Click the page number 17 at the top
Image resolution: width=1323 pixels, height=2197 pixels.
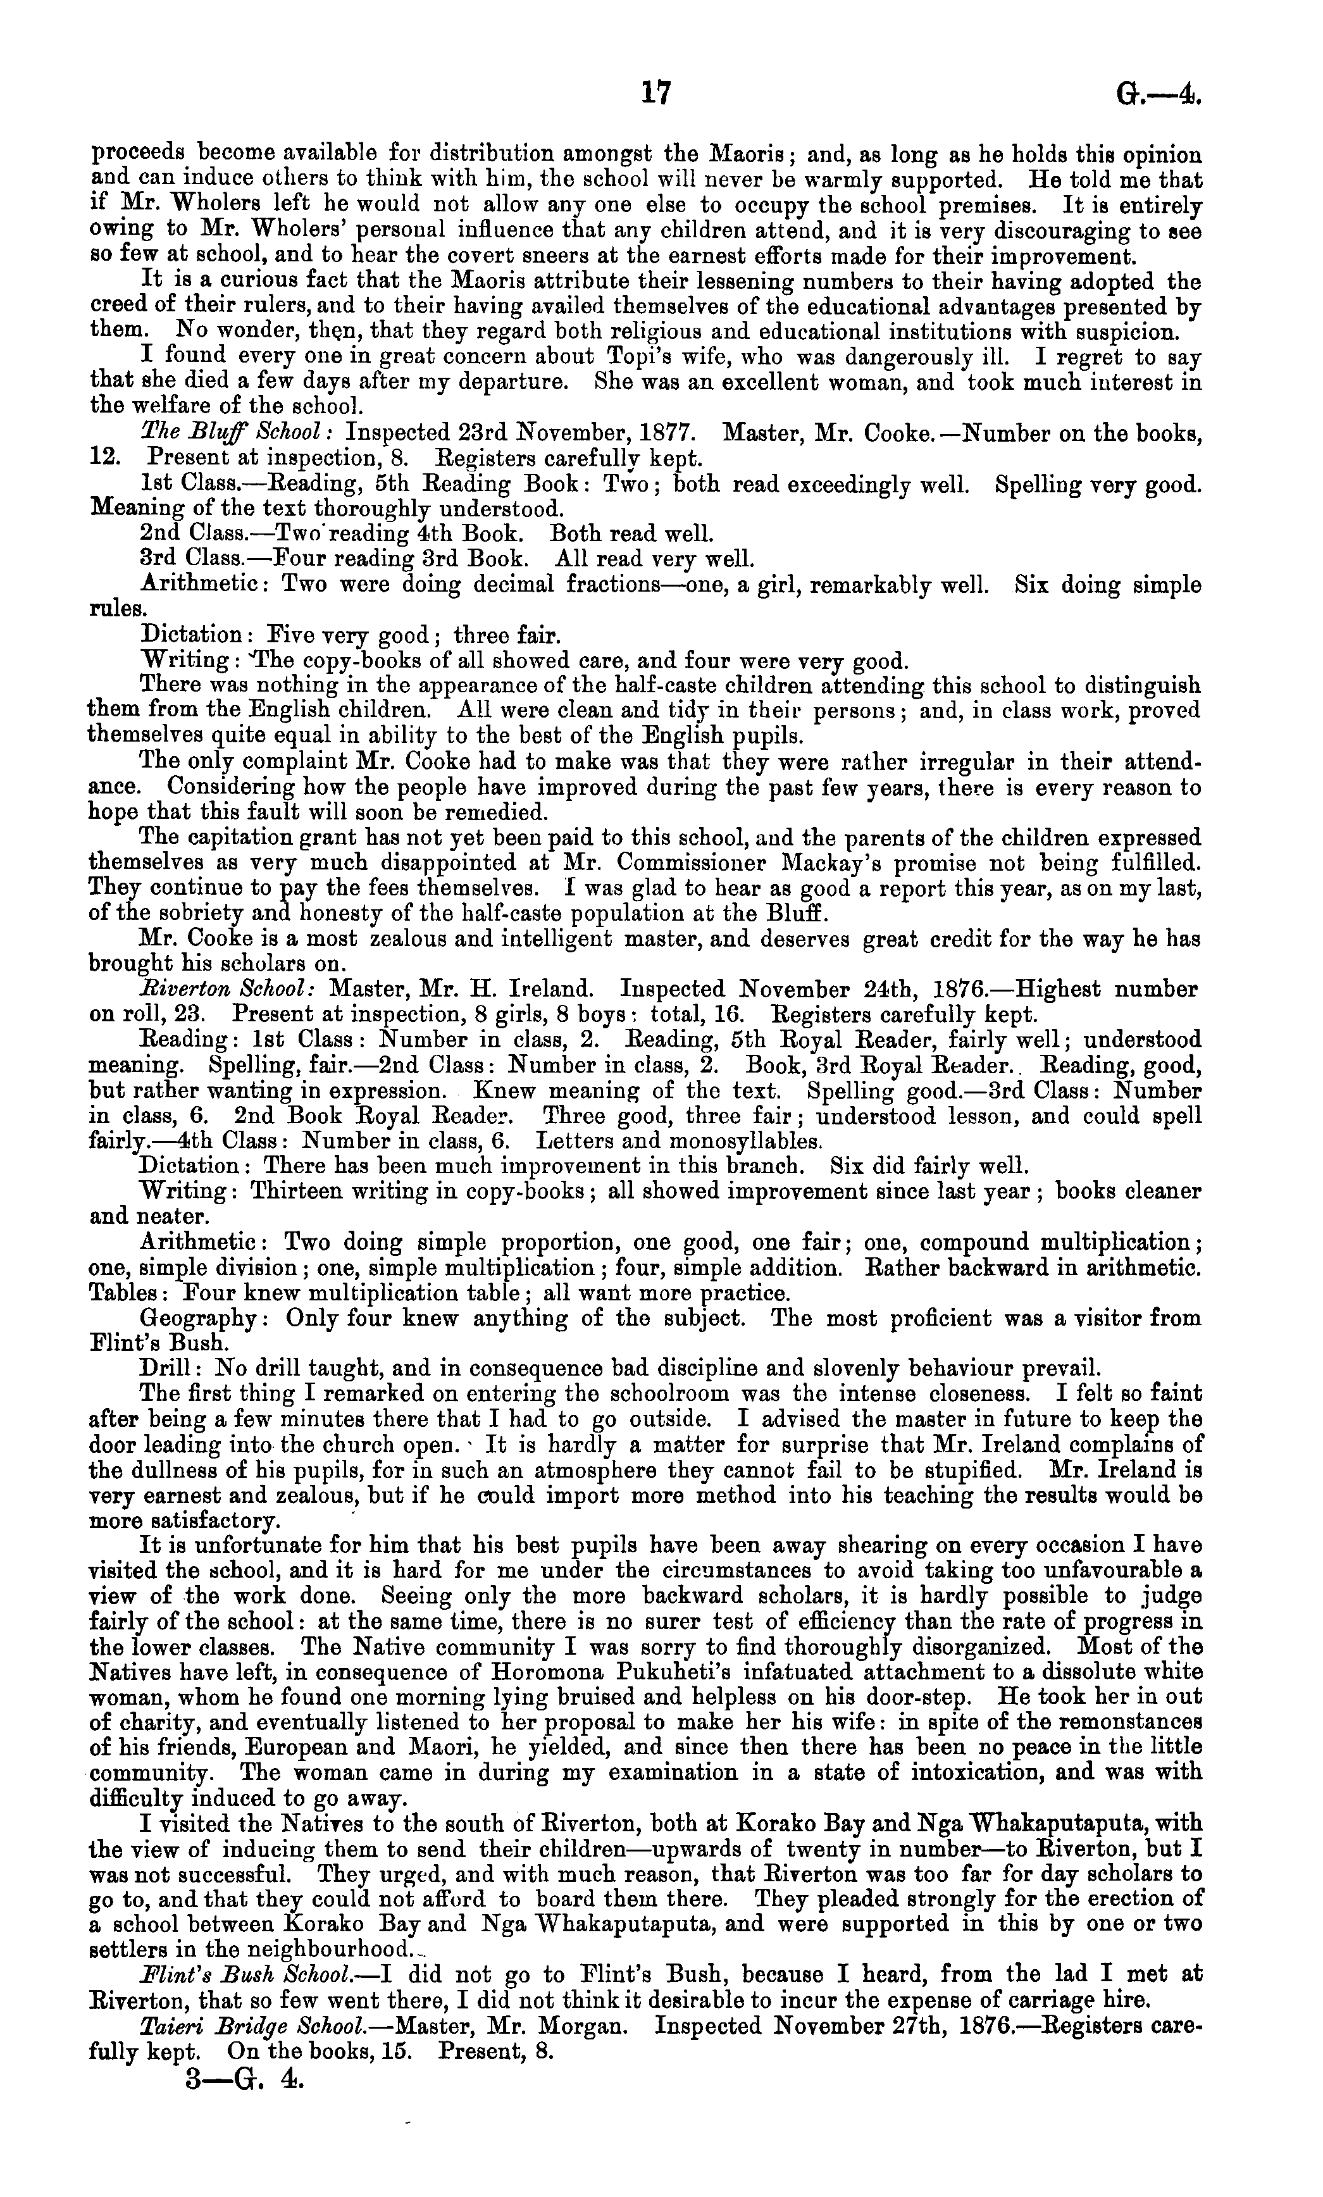coord(655,93)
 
